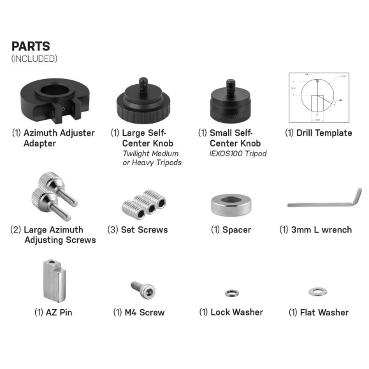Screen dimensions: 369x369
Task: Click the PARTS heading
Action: pyautogui.click(x=31, y=47)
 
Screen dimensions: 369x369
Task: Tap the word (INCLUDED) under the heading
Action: pyautogui.click(x=34, y=59)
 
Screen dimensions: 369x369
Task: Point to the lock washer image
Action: pyautogui.click(x=231, y=293)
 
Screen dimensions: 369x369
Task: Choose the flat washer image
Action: pyautogui.click(x=317, y=292)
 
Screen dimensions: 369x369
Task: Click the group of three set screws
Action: pyautogui.click(x=143, y=203)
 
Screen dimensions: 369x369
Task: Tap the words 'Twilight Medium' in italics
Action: pyautogui.click(x=150, y=154)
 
